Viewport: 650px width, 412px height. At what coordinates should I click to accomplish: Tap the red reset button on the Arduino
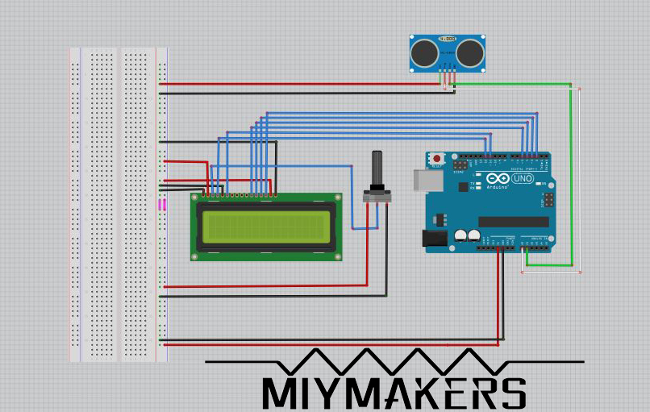(437, 158)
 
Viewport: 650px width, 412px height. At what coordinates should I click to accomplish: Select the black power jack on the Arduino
(434, 237)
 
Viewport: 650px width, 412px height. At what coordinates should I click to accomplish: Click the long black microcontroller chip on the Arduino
(513, 222)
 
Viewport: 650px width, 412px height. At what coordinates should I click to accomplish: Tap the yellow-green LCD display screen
(267, 226)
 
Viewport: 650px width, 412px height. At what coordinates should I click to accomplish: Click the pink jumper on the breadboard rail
(162, 205)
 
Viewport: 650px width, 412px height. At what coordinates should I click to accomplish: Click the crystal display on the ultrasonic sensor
(447, 39)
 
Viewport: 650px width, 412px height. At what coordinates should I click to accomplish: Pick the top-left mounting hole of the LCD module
(195, 198)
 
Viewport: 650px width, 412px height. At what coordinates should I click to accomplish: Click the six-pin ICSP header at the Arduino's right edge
(548, 198)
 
